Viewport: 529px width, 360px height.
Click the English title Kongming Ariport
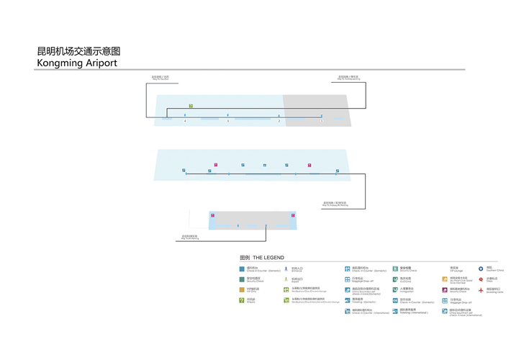pos(77,63)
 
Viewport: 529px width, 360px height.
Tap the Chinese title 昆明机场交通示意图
pos(78,51)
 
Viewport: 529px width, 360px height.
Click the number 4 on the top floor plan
pos(185,121)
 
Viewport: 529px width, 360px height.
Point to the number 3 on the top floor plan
pos(228,121)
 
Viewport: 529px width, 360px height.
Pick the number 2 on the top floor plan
pos(279,121)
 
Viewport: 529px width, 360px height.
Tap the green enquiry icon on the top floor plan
pos(191,106)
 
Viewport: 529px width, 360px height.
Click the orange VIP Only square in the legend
pos(241,289)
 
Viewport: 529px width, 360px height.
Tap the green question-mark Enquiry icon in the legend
pos(241,300)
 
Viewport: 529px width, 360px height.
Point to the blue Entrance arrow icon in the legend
pos(286,269)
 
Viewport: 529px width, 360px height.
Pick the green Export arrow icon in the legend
pos(286,279)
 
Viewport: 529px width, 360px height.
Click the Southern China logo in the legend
pos(481,269)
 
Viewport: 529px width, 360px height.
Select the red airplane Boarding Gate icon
pos(481,289)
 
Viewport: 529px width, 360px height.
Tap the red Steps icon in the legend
pos(481,279)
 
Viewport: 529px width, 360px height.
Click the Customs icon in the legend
pos(395,279)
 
